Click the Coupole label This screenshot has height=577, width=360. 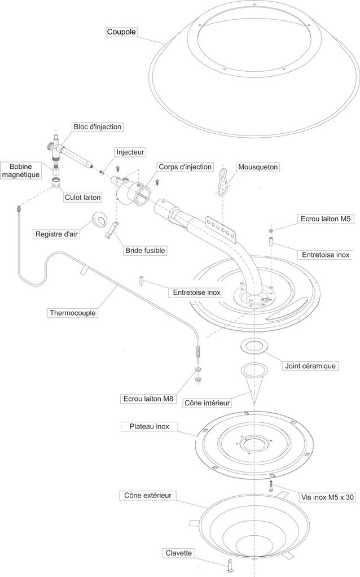122,32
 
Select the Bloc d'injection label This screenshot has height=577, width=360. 97,127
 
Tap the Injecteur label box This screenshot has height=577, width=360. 130,152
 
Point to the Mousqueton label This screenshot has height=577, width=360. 258,167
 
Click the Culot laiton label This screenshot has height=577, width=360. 82,198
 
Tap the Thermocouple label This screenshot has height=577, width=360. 73,312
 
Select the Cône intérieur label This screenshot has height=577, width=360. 207,403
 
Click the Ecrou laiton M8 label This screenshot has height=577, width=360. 148,399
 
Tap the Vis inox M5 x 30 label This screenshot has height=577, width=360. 327,497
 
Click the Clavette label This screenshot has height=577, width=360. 179,553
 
